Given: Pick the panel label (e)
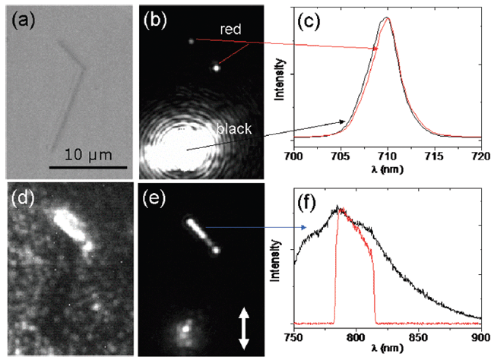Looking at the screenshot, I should click(x=154, y=200).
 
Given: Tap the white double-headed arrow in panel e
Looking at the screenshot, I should click(x=244, y=328).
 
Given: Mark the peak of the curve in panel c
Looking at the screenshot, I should click(x=387, y=18).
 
